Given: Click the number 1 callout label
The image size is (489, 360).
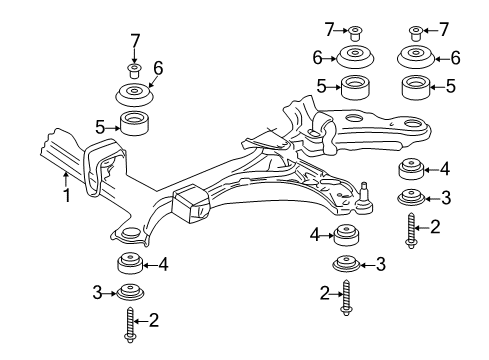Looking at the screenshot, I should pyautogui.click(x=67, y=196).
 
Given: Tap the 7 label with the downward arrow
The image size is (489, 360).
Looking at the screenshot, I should pyautogui.click(x=133, y=41).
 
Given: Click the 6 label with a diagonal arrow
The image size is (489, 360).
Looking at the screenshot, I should pyautogui.click(x=156, y=67).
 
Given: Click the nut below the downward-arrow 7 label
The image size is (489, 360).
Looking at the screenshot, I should pyautogui.click(x=133, y=69).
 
